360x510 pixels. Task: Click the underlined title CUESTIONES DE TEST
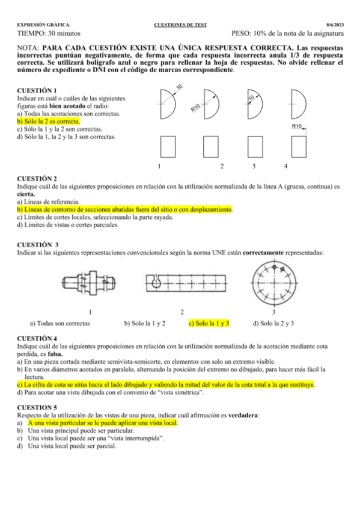[180, 25]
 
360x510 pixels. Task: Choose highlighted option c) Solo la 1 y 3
[209, 323]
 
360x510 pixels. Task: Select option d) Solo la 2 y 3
[273, 323]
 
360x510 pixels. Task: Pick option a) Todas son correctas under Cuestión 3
[60, 323]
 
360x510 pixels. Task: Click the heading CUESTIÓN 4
[37, 339]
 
